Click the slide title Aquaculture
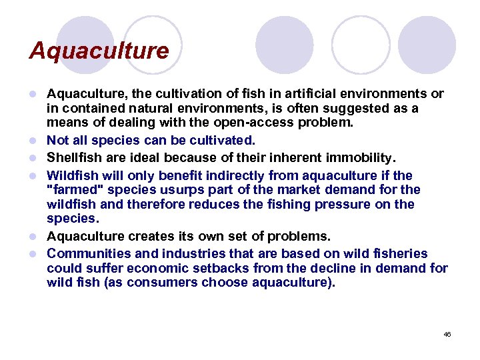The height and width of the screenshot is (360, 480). [99, 51]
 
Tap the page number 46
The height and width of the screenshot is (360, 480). [447, 333]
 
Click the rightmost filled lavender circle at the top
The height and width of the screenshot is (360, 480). [426, 45]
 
